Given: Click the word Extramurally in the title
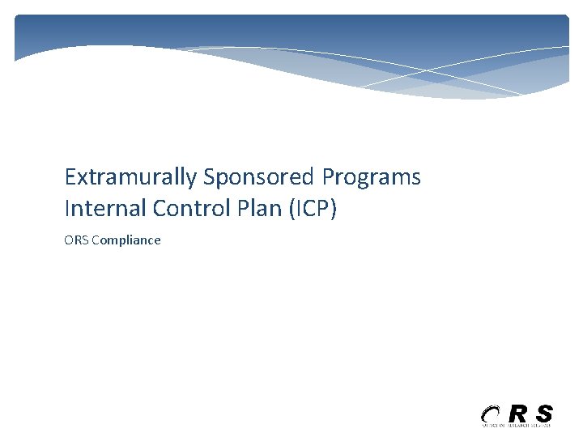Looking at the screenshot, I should [x=130, y=176].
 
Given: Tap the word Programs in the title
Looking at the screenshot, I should [x=372, y=176].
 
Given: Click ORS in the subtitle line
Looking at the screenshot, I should [x=76, y=240].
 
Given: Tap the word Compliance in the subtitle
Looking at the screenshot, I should [x=126, y=240].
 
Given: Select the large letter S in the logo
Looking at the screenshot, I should [x=544, y=413].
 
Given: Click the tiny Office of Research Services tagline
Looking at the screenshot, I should [x=516, y=425].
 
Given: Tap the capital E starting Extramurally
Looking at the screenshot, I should [x=70, y=176].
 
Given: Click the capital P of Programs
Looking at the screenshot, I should [x=328, y=176].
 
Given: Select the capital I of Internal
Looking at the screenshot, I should [x=67, y=208].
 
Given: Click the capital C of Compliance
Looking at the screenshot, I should [x=96, y=240].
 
